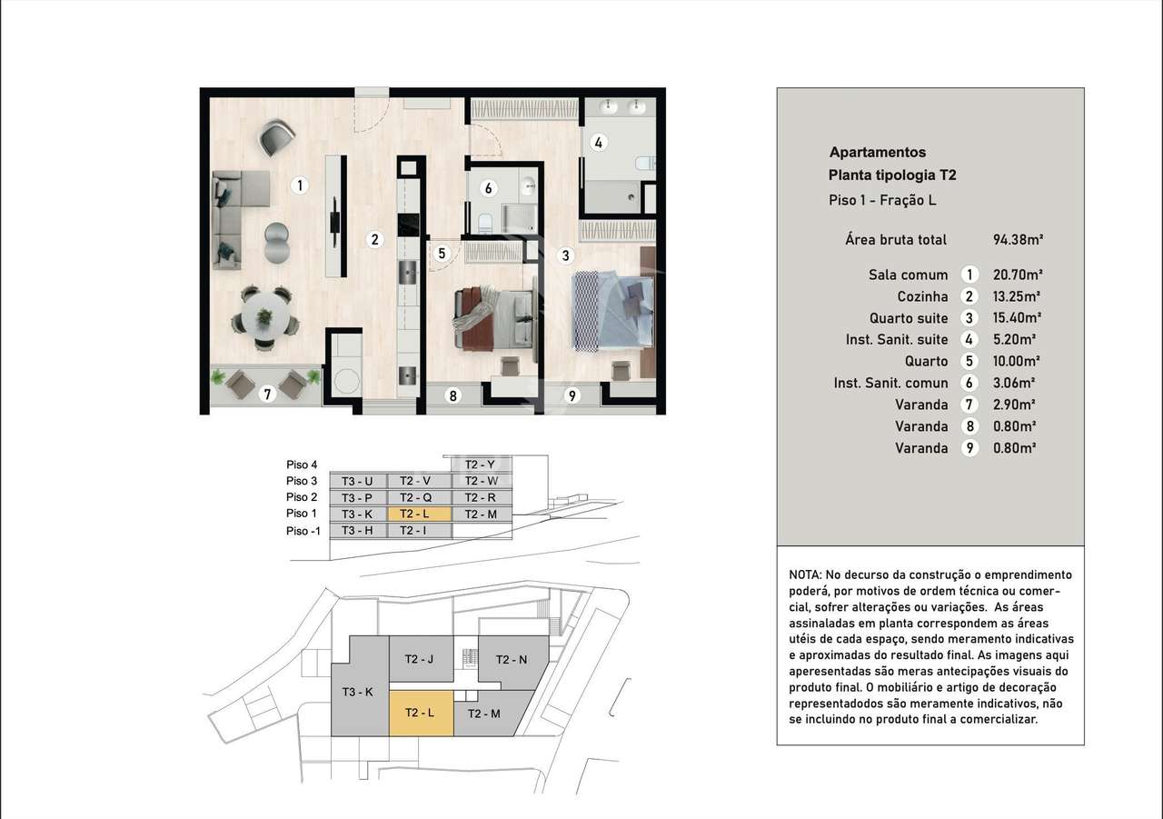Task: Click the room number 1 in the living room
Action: click(x=300, y=185)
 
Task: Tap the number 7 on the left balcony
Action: click(x=266, y=394)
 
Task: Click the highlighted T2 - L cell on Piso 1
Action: click(x=419, y=514)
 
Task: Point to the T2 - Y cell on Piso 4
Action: click(x=480, y=464)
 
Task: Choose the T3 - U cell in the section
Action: click(x=356, y=481)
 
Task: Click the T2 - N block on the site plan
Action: click(x=511, y=660)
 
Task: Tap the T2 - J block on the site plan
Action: click(x=420, y=660)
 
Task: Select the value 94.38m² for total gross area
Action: click(x=1018, y=240)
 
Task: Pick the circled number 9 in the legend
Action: click(x=970, y=448)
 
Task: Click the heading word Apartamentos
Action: click(x=877, y=153)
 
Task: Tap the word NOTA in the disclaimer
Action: click(x=805, y=575)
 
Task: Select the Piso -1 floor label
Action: click(x=303, y=532)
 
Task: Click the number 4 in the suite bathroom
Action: click(x=597, y=142)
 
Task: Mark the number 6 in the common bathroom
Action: click(x=488, y=189)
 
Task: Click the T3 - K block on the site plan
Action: click(x=358, y=692)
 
